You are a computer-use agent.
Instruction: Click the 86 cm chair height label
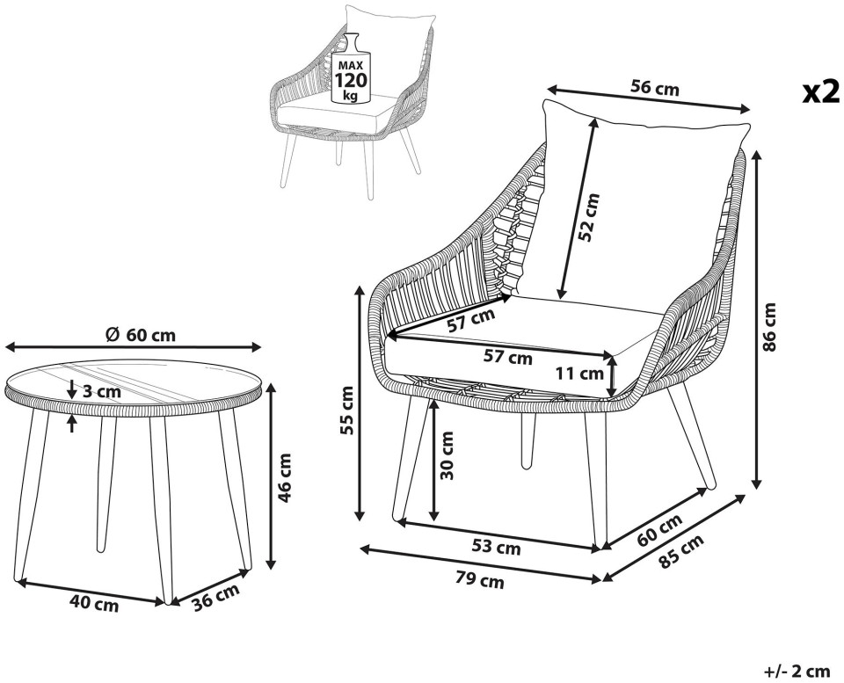(x=770, y=327)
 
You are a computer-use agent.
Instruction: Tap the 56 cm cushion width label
(x=654, y=87)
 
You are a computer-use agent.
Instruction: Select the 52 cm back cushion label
(x=589, y=217)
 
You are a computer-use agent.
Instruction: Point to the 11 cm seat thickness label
(x=579, y=373)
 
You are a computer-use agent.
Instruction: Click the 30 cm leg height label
(x=447, y=455)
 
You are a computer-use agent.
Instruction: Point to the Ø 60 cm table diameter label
(x=141, y=335)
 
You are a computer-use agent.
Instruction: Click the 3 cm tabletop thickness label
(x=102, y=391)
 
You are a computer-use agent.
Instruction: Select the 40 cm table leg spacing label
(x=94, y=605)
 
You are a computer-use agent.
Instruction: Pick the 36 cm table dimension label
(x=216, y=596)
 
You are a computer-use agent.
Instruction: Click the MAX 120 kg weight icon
(x=351, y=69)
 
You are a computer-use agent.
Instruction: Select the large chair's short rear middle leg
(x=528, y=440)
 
